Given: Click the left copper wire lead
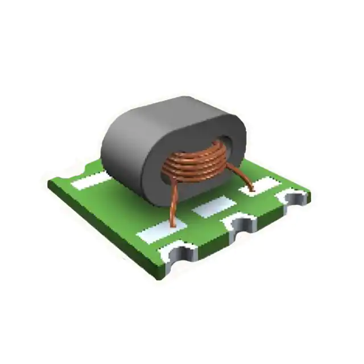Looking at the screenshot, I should pos(171,202).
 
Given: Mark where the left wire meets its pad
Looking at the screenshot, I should pos(172,224).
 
